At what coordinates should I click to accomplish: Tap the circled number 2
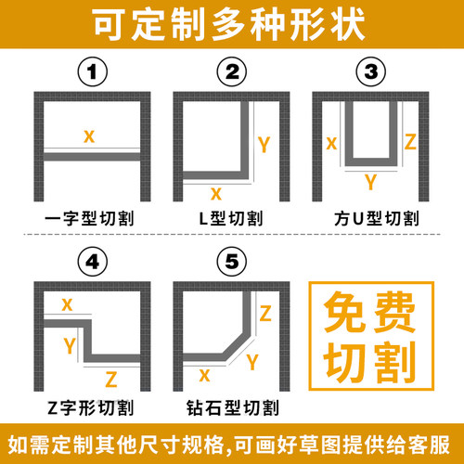coord(231,71)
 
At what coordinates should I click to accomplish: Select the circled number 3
coord(371,71)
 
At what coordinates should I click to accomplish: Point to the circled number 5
coord(231,262)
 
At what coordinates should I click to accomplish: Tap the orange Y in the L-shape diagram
coord(264,144)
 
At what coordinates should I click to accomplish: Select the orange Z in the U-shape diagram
coord(411,142)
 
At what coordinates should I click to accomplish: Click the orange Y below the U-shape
coord(371,180)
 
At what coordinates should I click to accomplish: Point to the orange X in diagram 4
coord(67,304)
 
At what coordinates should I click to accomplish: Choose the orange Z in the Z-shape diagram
coord(111,379)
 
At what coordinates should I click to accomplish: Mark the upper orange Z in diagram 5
coord(264,314)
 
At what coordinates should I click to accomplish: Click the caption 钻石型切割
coord(231,407)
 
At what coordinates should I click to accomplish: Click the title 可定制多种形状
coord(232,23)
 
